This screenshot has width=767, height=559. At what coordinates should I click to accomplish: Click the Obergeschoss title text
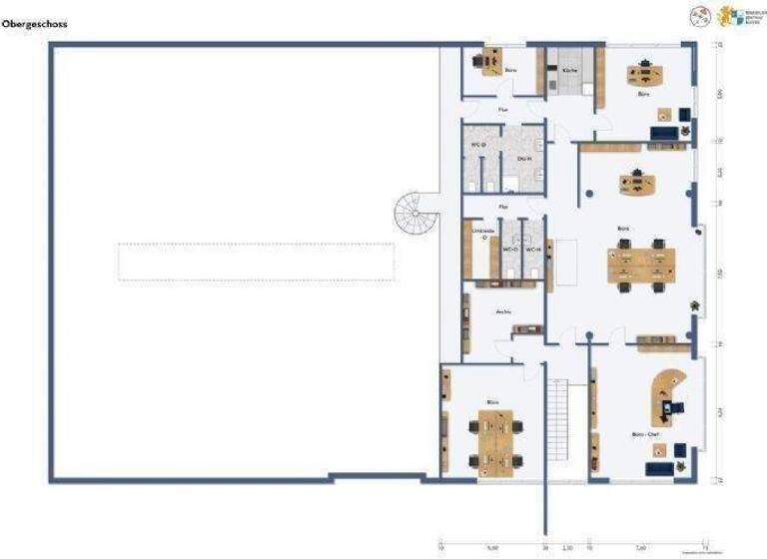click(34, 23)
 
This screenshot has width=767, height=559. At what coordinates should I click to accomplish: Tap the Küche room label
click(569, 71)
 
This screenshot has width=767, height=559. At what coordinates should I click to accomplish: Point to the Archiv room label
click(504, 311)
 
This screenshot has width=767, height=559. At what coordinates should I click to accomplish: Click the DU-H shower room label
click(523, 160)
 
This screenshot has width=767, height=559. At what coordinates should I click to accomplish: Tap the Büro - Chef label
click(644, 435)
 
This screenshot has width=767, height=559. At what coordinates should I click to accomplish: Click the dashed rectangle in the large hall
click(256, 262)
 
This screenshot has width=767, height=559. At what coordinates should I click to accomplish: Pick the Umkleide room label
click(482, 234)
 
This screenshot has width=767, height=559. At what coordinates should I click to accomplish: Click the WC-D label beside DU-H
click(477, 146)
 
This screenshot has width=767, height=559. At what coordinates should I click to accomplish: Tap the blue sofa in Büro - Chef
click(659, 467)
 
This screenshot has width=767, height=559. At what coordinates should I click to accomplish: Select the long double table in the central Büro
click(640, 264)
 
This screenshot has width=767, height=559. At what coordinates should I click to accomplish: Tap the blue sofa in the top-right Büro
click(663, 133)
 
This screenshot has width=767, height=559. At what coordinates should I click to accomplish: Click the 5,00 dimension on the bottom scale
click(491, 548)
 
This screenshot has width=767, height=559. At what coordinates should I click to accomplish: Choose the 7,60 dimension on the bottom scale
click(639, 548)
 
